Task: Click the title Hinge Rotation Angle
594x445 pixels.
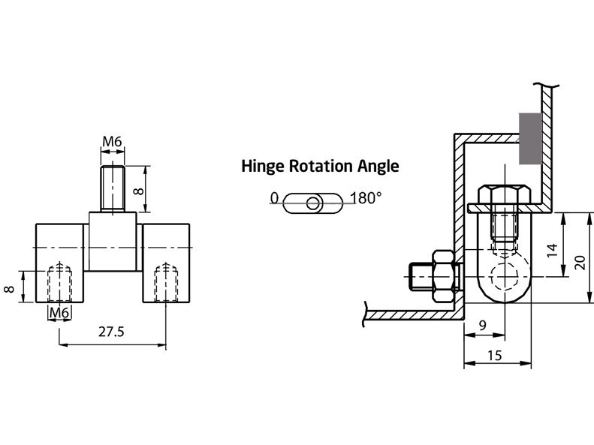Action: [320, 166]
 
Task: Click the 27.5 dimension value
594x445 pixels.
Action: [111, 332]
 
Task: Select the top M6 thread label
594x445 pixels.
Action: [112, 142]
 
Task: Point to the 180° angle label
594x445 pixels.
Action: [366, 199]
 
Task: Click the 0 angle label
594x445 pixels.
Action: [274, 199]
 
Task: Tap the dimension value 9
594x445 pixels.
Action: [482, 326]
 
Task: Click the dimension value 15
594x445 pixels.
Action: [494, 356]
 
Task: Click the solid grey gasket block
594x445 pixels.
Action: [531, 138]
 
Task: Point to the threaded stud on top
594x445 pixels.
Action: [113, 188]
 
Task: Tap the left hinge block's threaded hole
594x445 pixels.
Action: [59, 284]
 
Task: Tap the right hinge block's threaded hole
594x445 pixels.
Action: [165, 284]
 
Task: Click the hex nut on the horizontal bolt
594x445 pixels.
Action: [444, 272]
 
